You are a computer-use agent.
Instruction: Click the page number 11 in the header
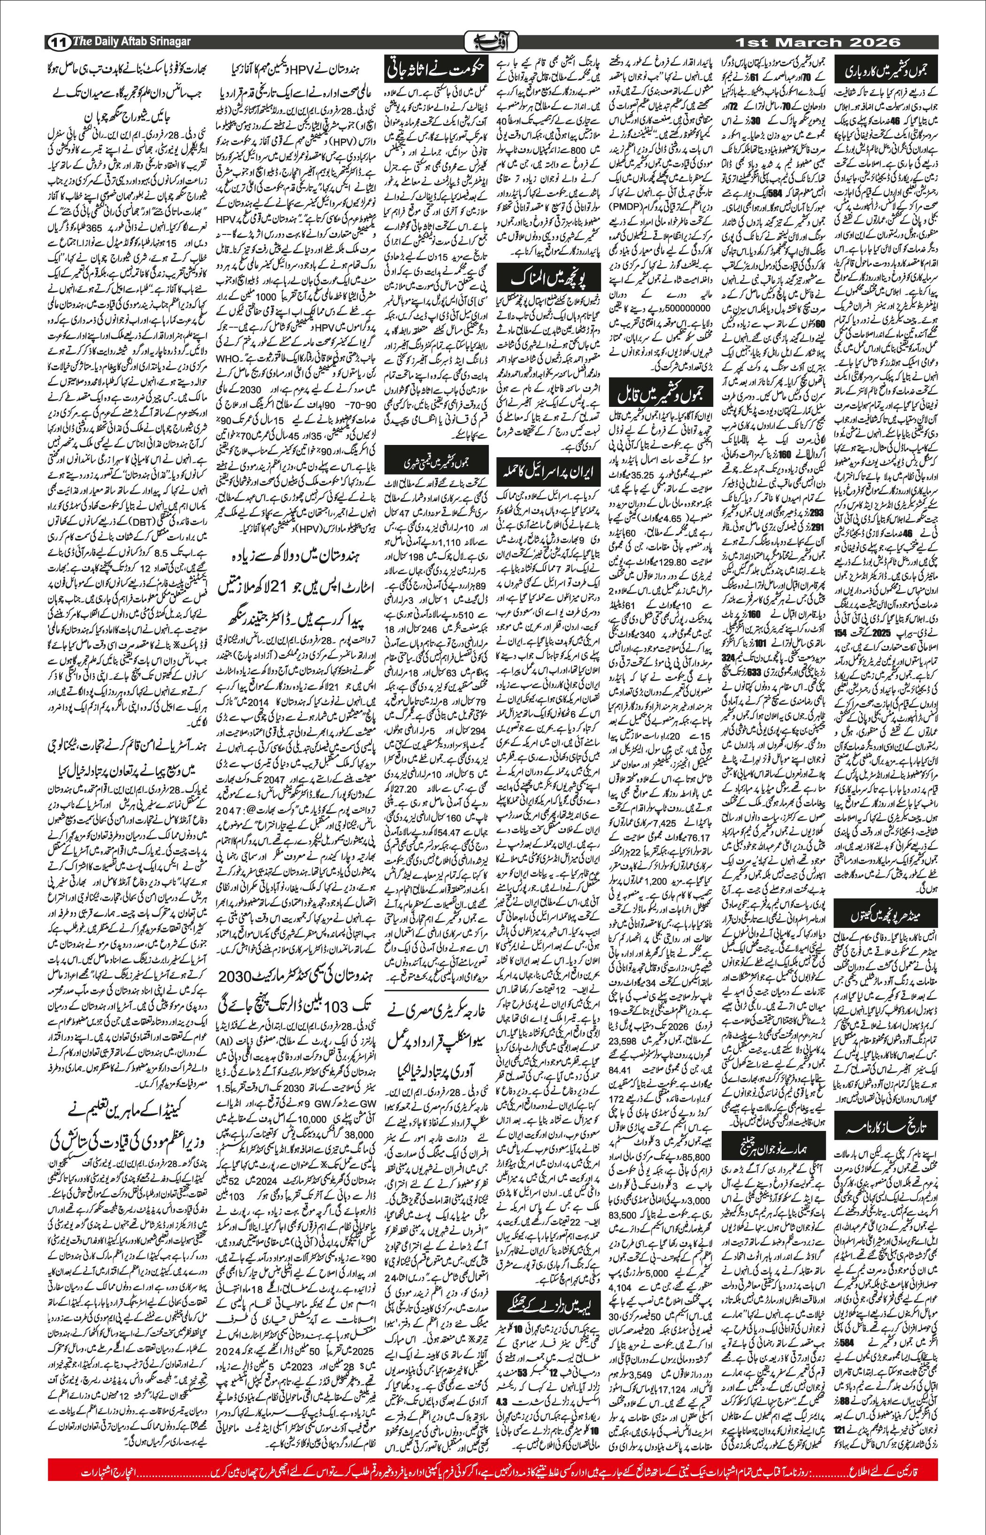(x=58, y=42)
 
